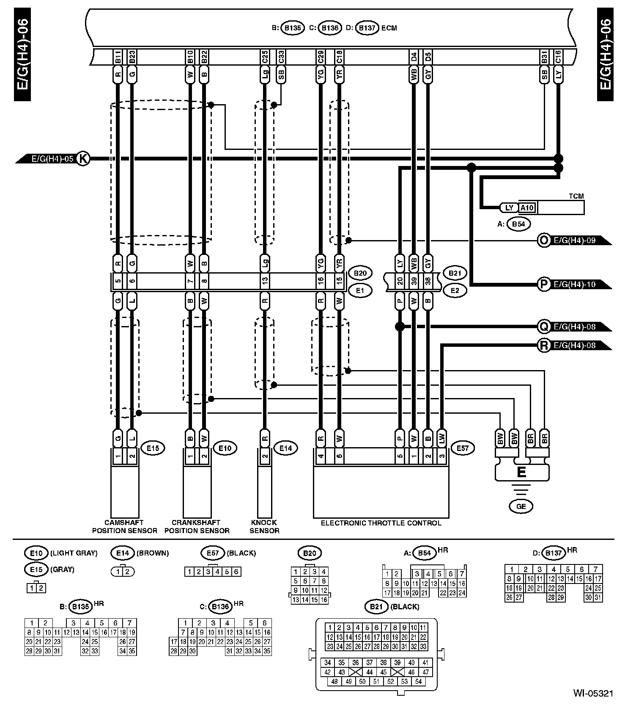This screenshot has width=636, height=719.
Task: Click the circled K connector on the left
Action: pos(83,159)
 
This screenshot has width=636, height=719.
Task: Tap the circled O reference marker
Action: pos(543,241)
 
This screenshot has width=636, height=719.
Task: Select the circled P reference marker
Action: pos(543,284)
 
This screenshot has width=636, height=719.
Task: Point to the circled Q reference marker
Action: pos(543,327)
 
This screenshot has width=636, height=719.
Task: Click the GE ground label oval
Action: pos(521,506)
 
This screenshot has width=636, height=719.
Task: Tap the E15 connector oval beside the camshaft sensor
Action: pos(153,448)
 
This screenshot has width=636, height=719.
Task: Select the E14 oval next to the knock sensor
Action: pos(285,448)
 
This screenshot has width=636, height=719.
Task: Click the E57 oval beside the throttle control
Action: pos(463,448)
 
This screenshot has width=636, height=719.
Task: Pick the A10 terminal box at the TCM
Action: pos(527,208)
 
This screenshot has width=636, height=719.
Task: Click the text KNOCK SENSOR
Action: pos(264,526)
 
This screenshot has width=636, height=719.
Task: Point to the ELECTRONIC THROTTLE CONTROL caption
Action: pos(381,523)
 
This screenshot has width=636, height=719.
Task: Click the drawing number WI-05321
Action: pos(593,693)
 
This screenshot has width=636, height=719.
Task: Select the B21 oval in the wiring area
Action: pos(455,273)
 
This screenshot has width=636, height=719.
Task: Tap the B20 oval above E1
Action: pos(360,273)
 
